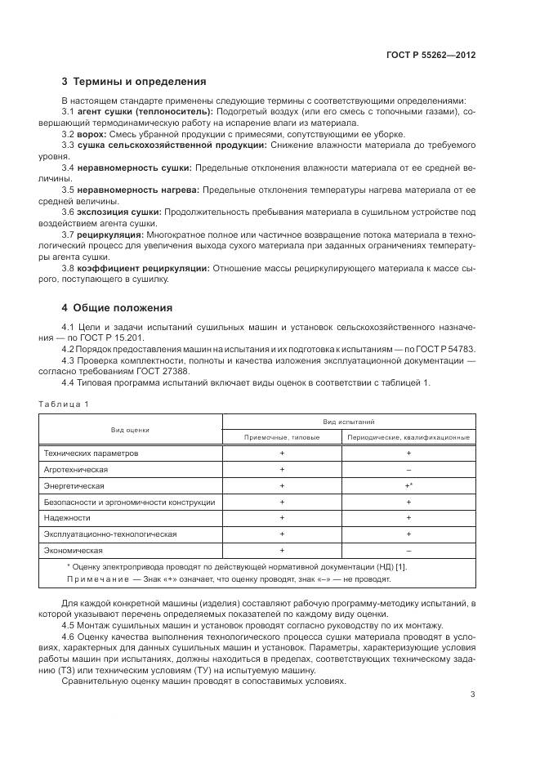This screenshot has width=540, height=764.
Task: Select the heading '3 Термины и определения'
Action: tap(134, 82)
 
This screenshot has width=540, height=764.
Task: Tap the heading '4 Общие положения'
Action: tap(117, 308)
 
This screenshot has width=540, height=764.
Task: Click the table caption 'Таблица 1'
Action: tap(62, 404)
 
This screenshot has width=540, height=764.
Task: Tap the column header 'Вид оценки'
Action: tap(130, 429)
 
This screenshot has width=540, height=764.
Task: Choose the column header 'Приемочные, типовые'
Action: tap(282, 437)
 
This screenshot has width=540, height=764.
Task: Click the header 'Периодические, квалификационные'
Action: tap(408, 437)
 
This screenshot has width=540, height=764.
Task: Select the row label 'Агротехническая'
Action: tap(75, 469)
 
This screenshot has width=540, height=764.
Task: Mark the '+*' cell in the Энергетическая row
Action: tap(408, 485)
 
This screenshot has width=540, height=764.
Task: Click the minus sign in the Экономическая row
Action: tap(408, 550)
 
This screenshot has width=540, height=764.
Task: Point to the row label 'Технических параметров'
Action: tap(91, 453)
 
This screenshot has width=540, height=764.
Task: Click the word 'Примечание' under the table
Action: tap(96, 579)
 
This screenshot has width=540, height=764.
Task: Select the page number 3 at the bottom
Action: tap(472, 695)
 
